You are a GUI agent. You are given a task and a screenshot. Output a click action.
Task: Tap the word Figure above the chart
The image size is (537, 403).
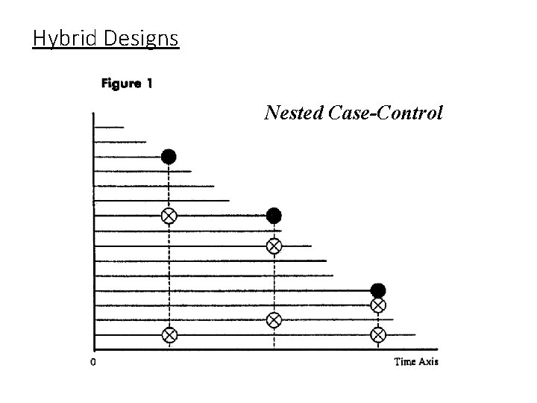(121, 84)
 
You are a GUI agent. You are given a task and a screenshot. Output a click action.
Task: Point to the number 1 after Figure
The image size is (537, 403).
(149, 84)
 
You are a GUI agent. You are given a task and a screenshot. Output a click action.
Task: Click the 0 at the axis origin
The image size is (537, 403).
(92, 362)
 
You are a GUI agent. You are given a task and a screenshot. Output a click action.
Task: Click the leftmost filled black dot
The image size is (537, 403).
(169, 157)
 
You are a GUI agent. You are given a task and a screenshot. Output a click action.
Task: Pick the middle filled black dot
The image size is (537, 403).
(274, 216)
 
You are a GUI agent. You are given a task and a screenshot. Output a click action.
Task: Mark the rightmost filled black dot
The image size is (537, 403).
(378, 290)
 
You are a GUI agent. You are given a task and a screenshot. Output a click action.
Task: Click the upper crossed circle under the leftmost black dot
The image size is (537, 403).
(169, 216)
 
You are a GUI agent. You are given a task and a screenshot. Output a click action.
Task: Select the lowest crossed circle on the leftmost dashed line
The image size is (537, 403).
(169, 335)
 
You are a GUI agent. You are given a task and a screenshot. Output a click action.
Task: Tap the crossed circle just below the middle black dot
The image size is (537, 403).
(274, 246)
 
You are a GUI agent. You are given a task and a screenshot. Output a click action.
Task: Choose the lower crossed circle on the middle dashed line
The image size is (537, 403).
(274, 320)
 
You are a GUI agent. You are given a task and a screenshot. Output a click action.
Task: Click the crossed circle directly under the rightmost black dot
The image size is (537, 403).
(378, 305)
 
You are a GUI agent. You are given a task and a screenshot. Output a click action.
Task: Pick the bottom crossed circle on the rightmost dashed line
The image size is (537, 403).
(378, 335)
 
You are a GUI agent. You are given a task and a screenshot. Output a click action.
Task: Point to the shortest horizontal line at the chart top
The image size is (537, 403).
(109, 127)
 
